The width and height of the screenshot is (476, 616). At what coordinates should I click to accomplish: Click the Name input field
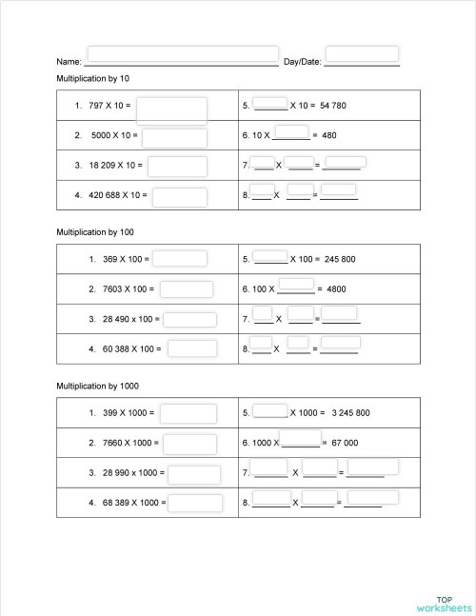[x=183, y=54]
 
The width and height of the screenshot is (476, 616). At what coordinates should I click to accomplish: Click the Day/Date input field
[x=362, y=54]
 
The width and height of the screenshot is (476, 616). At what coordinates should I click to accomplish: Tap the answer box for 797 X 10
[x=171, y=109]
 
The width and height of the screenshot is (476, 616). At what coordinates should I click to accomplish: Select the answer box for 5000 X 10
[x=174, y=138]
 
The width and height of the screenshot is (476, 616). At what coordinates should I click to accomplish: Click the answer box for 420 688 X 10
[x=180, y=197]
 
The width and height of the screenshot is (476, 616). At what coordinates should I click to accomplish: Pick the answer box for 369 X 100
[x=181, y=258]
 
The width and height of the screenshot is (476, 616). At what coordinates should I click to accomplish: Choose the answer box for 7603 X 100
[x=187, y=288]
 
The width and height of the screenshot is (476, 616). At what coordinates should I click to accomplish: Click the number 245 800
[x=340, y=259]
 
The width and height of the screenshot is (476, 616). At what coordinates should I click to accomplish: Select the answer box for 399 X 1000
[x=187, y=413]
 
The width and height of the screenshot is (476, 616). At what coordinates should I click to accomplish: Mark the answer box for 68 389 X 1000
[x=195, y=502]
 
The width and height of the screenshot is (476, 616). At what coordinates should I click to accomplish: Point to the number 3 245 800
[x=350, y=413]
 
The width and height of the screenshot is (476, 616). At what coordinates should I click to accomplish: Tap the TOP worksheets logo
[x=443, y=600]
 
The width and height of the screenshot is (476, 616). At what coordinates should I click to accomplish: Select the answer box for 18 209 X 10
[x=177, y=166]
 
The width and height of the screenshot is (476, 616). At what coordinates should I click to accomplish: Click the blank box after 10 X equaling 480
[x=291, y=132]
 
